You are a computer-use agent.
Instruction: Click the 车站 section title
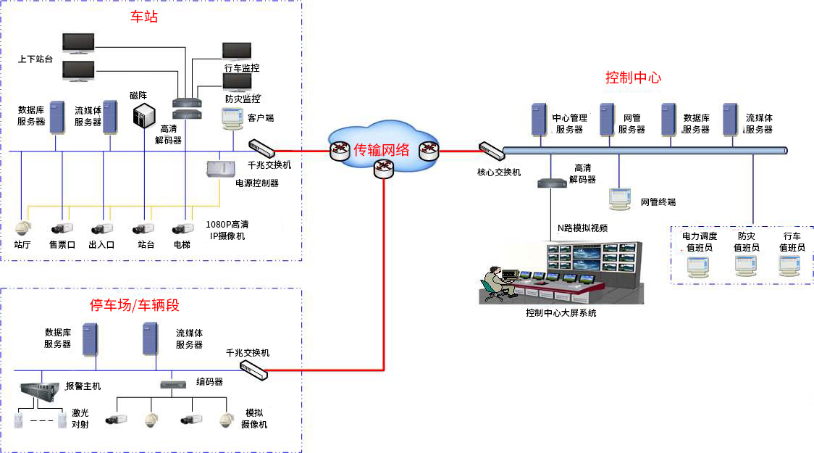click(x=143, y=17)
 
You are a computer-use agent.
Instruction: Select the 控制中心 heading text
click(x=633, y=78)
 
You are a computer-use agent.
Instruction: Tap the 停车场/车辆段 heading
click(x=134, y=304)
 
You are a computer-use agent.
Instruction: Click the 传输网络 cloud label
click(x=382, y=150)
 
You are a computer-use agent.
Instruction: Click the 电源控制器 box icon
click(x=220, y=169)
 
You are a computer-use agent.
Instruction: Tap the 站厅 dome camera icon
click(x=23, y=228)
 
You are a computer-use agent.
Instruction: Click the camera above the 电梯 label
click(x=181, y=228)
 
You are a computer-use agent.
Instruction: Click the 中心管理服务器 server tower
click(x=539, y=120)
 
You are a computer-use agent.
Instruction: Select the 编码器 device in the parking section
click(x=172, y=384)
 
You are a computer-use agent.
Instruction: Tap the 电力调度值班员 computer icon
click(x=698, y=267)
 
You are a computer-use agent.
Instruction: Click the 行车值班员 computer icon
click(x=790, y=267)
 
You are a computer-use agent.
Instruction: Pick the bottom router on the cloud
click(x=382, y=170)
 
